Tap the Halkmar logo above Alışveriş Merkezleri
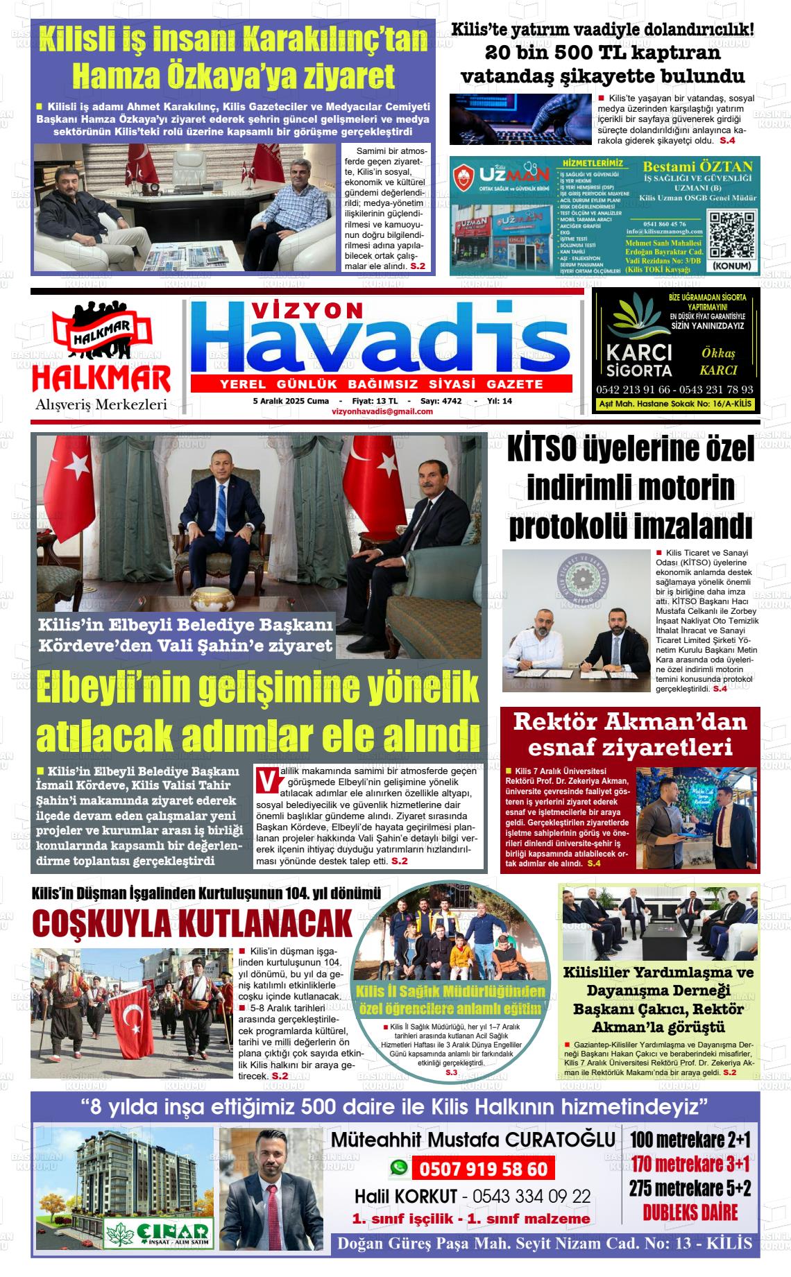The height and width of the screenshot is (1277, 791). [101, 351]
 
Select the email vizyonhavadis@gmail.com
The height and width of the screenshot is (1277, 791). [382, 411]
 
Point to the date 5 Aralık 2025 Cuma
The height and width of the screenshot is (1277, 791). [291, 401]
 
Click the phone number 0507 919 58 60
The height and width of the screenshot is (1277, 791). [484, 1169]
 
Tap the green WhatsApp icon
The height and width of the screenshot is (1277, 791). [398, 1168]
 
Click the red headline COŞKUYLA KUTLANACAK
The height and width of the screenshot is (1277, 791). [192, 925]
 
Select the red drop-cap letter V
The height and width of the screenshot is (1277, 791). [264, 780]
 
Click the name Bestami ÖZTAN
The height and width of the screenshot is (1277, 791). [697, 166]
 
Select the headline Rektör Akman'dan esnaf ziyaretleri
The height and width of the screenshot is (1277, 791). [629, 734]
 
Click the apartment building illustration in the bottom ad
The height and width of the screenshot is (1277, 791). [123, 1171]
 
